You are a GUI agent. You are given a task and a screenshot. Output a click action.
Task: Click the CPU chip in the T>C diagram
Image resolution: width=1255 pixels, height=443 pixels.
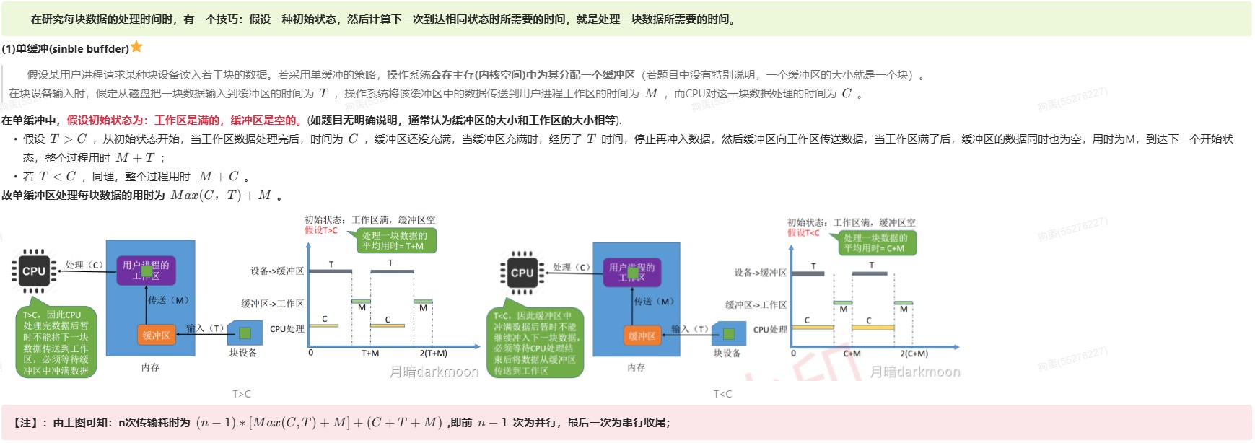point(33,271)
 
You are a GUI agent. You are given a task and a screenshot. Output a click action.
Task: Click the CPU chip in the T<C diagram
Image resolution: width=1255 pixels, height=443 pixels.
point(522,273)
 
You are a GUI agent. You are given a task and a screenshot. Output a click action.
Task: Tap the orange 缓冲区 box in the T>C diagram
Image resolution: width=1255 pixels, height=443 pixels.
point(156,335)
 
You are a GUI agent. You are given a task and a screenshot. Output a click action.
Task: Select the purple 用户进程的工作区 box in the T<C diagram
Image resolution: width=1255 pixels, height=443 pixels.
point(631,272)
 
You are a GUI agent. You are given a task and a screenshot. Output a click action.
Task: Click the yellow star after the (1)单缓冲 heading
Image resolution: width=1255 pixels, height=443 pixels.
point(136,48)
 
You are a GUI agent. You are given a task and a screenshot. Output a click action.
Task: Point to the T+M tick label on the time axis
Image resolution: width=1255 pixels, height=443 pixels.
point(370,354)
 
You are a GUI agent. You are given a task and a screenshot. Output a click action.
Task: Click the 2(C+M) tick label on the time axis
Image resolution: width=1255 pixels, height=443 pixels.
point(914,354)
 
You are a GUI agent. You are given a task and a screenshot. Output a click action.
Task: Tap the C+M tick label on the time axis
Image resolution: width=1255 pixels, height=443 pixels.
point(852,354)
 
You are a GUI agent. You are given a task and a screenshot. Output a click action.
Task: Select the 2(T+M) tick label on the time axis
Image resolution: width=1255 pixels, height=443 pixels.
point(433,354)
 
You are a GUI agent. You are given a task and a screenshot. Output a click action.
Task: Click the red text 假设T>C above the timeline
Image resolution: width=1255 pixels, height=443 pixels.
point(320,230)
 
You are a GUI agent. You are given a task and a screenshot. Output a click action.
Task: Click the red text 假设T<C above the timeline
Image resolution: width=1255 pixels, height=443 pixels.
point(803,232)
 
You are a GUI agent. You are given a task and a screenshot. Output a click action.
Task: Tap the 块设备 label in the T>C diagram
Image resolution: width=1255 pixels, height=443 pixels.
point(243,353)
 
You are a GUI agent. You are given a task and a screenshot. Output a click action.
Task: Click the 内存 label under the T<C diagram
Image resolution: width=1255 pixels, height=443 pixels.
point(636,367)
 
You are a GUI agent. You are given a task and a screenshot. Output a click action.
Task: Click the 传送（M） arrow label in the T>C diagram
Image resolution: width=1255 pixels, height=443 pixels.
point(169,300)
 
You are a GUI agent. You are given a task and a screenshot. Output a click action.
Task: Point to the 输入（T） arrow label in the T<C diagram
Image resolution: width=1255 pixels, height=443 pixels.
point(691,329)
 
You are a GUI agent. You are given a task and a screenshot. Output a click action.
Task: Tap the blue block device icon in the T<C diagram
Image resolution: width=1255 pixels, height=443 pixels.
point(728,333)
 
